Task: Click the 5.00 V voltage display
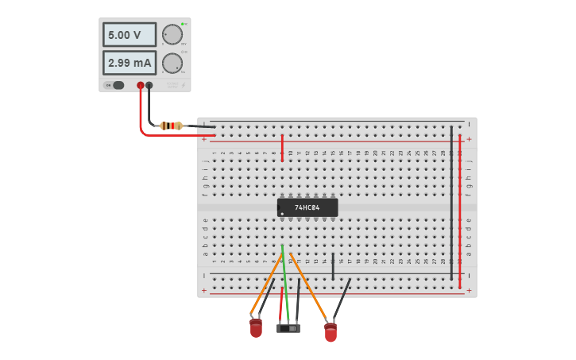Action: pos(129,35)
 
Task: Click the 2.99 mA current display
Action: pos(129,63)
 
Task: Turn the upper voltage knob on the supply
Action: pos(172,35)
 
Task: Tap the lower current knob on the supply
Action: pos(172,64)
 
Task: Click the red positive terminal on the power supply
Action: pos(141,85)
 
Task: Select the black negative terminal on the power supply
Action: pos(149,85)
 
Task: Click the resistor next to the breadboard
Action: pos(171,126)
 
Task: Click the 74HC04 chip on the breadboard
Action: pos(307,207)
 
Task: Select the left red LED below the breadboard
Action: pos(256,327)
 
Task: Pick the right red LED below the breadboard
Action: pos(331,332)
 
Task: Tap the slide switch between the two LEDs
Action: pos(288,328)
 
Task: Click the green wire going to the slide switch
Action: pos(285,286)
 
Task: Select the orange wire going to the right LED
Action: pos(310,290)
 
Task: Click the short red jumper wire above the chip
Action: pos(282,147)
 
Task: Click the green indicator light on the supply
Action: pos(183,24)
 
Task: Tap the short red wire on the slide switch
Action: pos(280,306)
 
